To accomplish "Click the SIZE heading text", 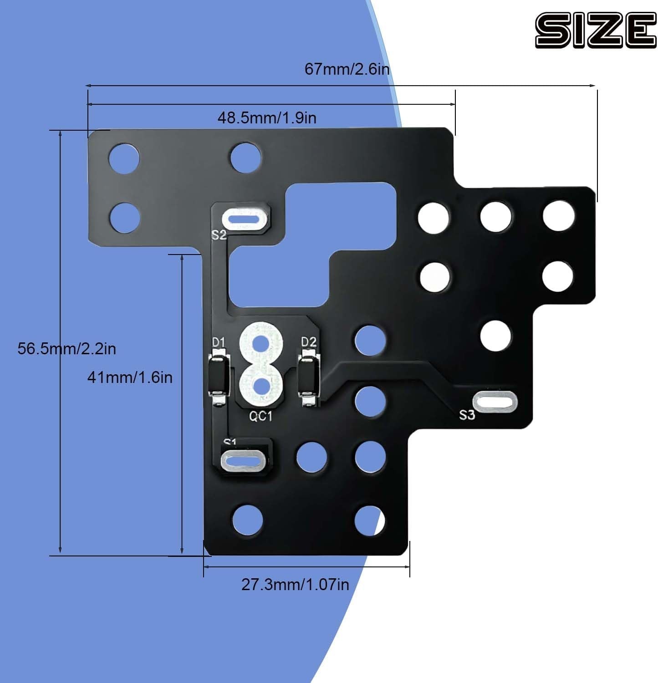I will point(595,30).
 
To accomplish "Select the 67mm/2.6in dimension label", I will point(347,69).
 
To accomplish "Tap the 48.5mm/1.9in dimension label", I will point(266,118).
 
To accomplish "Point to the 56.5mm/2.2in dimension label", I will point(66,349).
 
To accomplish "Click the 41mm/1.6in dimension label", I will point(130,377).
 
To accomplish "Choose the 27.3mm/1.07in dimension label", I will point(295,584).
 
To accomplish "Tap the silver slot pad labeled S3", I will point(495,402).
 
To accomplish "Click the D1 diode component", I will point(219,377).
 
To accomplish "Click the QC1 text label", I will point(260,416).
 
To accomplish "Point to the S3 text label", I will point(467,415).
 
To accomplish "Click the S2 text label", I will point(219,235).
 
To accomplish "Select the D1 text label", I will point(219,341).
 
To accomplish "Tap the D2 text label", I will point(309,341).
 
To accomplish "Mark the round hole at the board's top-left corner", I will point(124,159).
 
